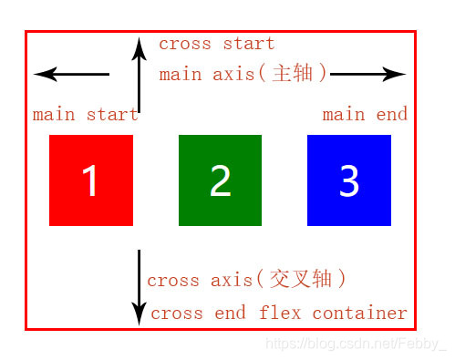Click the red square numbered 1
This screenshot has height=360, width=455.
click(x=90, y=180)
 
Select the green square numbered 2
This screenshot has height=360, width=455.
click(x=220, y=180)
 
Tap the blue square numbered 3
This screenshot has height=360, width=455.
click(x=349, y=180)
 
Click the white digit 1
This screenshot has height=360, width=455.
click(x=90, y=181)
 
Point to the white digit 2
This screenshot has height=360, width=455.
click(x=220, y=181)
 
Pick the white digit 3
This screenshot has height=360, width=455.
click(x=349, y=181)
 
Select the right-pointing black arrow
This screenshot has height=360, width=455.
click(x=368, y=74)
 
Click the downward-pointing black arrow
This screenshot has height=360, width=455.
click(x=139, y=286)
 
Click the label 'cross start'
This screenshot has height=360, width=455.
click(x=216, y=44)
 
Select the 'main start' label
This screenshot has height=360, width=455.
click(x=85, y=115)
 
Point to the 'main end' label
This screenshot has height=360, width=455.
click(x=365, y=115)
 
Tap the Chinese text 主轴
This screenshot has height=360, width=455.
click(x=293, y=74)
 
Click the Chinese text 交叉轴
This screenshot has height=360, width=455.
click(x=302, y=280)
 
